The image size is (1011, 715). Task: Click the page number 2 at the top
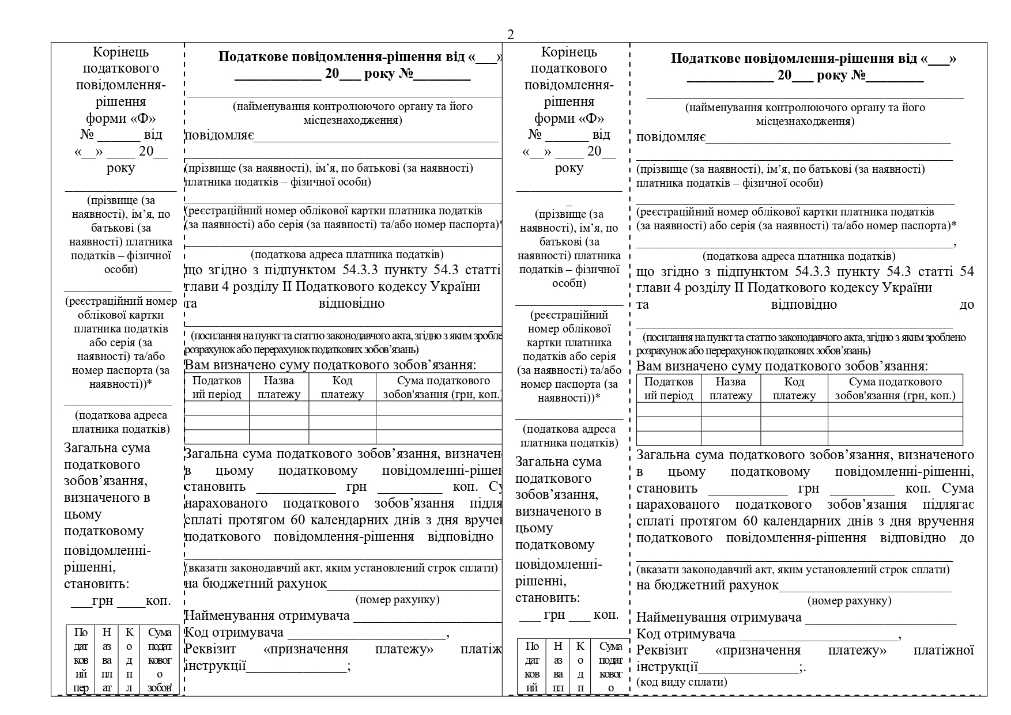point(510,35)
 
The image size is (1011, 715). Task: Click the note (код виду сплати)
point(681,682)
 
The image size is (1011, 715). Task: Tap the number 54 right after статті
point(967,271)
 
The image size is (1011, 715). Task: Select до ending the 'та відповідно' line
point(967,305)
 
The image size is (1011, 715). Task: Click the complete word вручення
point(946,521)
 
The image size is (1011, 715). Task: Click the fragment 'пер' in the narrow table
point(81,687)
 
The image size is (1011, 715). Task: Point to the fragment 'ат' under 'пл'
point(107,687)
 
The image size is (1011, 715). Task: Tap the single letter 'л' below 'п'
point(130,687)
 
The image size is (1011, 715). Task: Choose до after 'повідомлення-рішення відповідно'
point(967,538)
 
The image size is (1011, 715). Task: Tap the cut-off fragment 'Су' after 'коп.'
point(496,487)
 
